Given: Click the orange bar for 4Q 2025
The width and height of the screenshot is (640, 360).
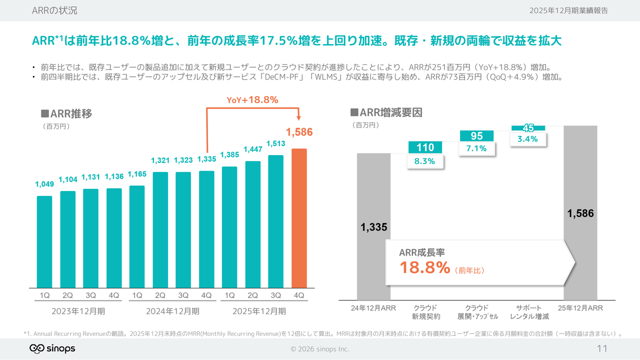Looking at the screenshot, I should point(299,218).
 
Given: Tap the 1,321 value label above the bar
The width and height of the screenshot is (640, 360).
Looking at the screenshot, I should point(160,160).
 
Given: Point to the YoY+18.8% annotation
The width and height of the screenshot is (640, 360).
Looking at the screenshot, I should point(252,100).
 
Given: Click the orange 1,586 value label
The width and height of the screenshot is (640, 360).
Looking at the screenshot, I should point(299,132).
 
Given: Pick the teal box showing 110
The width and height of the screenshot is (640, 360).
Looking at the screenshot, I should point(425,147).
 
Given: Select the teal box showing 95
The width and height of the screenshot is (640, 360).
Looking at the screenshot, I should point(476,136).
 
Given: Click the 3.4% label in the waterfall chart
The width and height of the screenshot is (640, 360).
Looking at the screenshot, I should point(527,139).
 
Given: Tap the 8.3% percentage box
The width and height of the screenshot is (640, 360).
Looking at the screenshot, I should point(425,161).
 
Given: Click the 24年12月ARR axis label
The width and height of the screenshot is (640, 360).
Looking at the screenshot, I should point(373,308).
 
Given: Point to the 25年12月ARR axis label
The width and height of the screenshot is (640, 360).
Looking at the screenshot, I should point(580,308).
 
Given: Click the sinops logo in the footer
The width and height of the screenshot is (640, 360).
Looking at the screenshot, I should point(52,348).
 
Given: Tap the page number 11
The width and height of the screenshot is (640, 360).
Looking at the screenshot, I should point(601,348).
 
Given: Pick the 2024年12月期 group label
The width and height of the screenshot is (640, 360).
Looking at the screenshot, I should point(172,311).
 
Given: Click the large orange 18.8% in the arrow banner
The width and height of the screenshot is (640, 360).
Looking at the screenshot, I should point(424,267).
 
